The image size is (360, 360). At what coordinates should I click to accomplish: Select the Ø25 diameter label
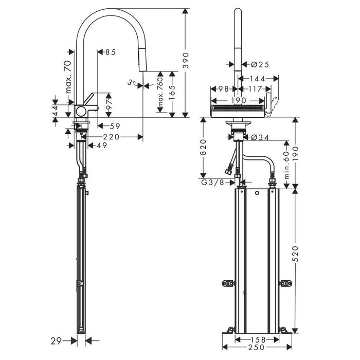pyautogui.click(x=260, y=64)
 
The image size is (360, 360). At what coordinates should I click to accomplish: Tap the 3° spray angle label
pyautogui.click(x=132, y=82)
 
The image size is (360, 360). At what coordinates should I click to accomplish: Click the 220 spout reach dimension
pyautogui.click(x=111, y=137)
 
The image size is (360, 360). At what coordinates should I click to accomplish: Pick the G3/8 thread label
pyautogui.click(x=212, y=182)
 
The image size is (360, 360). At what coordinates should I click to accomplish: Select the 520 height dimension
pyautogui.click(x=296, y=254)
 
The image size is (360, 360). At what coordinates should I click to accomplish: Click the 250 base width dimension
pyautogui.click(x=256, y=347)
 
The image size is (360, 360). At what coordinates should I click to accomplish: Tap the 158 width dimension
pyautogui.click(x=257, y=339)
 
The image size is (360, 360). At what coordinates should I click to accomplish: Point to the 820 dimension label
pyautogui.click(x=204, y=147)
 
